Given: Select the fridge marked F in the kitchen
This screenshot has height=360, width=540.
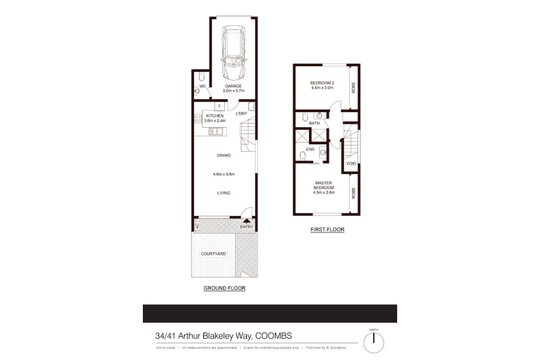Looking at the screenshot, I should coord(218,107).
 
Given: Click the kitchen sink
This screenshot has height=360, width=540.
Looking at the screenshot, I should coord(198,126).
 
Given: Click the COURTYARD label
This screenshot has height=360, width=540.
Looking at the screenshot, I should coord(213,253).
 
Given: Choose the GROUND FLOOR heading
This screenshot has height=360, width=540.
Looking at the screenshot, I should coord(224,288).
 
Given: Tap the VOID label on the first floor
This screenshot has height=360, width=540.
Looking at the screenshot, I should coord(351,164).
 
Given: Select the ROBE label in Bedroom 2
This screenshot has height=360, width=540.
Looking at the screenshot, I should coord(354,87).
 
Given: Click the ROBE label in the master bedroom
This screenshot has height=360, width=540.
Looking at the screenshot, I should coord(354,193).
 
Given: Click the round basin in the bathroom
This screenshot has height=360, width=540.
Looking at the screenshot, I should coord(319,117).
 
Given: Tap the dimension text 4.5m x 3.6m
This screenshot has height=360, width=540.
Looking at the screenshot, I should coord(323,192).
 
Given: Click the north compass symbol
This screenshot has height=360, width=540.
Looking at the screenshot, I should coord(374,340).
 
